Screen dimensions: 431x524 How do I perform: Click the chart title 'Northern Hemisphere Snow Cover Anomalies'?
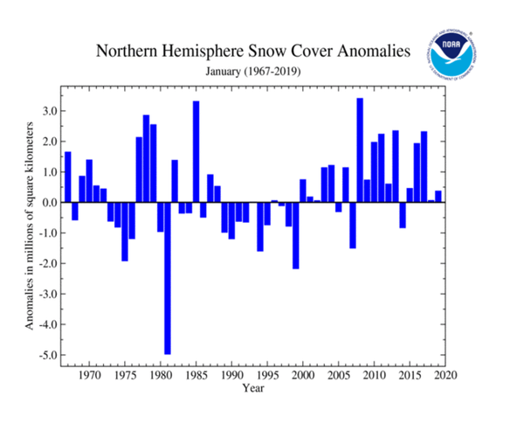252,52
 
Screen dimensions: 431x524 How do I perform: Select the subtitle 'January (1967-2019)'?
252,72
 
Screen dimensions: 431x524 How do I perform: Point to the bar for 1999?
296,235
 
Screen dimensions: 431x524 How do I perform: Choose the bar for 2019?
438,197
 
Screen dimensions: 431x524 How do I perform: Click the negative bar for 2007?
353,225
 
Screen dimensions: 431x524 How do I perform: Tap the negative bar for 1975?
125,232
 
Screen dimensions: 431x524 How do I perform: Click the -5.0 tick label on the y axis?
49,355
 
